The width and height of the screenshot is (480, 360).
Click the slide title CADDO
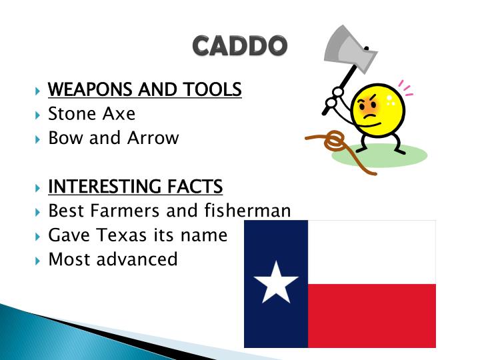click(240, 45)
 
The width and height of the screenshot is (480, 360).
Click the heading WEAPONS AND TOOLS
click(145, 89)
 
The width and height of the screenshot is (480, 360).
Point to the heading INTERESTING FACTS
click(135, 186)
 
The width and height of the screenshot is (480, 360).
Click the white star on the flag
click(276, 283)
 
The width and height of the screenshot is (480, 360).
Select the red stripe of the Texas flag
click(372, 315)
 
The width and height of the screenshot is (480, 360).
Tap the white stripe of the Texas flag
click(372, 252)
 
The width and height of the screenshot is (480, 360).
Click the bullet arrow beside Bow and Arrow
click(37, 139)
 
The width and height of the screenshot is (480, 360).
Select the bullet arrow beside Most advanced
click(37, 259)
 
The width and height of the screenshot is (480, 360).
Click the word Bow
click(64, 138)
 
